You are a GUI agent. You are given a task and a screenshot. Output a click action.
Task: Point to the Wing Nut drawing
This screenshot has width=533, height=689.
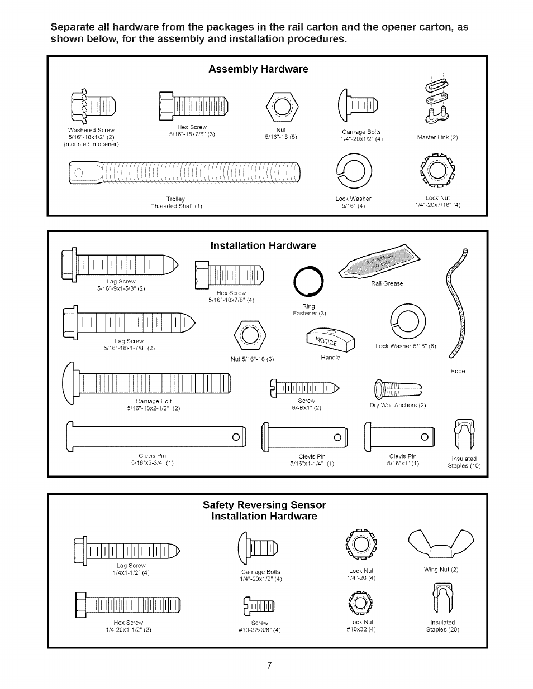click(x=440, y=544)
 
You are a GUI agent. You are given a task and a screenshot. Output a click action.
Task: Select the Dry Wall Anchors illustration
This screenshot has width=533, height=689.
click(x=397, y=388)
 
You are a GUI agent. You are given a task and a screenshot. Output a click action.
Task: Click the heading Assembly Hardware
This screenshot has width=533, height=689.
click(x=258, y=69)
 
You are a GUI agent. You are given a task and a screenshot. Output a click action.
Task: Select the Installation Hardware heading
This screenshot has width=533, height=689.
click(x=263, y=245)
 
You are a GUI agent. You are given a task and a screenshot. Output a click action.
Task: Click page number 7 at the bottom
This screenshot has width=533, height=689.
click(x=269, y=666)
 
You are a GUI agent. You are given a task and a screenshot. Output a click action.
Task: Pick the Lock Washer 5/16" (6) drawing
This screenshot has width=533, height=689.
click(x=408, y=321)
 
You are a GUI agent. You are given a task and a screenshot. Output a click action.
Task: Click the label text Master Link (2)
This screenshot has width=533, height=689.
click(x=437, y=137)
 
